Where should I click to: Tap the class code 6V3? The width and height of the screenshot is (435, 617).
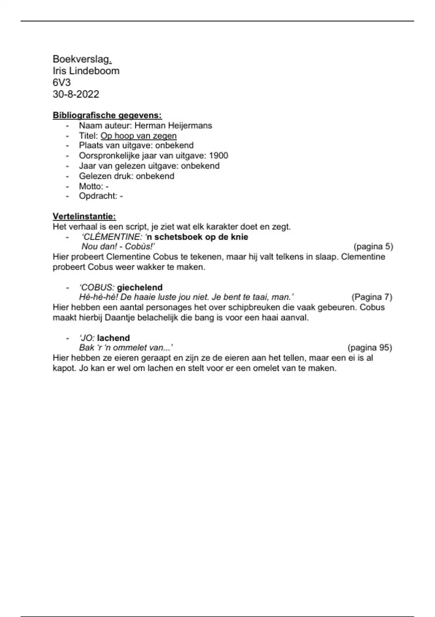[62, 82]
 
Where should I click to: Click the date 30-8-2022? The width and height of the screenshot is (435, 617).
[76, 94]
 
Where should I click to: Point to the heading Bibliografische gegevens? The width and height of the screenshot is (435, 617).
[107, 115]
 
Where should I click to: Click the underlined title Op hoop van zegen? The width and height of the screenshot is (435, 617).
[138, 136]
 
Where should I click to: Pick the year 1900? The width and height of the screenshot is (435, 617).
[219, 156]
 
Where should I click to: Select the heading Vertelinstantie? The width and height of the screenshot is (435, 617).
[84, 216]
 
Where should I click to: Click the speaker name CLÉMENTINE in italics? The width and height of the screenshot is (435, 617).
[111, 237]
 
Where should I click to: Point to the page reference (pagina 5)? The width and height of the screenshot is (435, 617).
[373, 247]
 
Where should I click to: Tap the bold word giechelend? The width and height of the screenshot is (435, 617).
[140, 287]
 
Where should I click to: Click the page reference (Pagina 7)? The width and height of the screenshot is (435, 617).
[372, 297]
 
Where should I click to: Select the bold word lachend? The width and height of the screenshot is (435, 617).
[113, 338]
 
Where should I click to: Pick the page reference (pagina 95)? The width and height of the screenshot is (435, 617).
[369, 348]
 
